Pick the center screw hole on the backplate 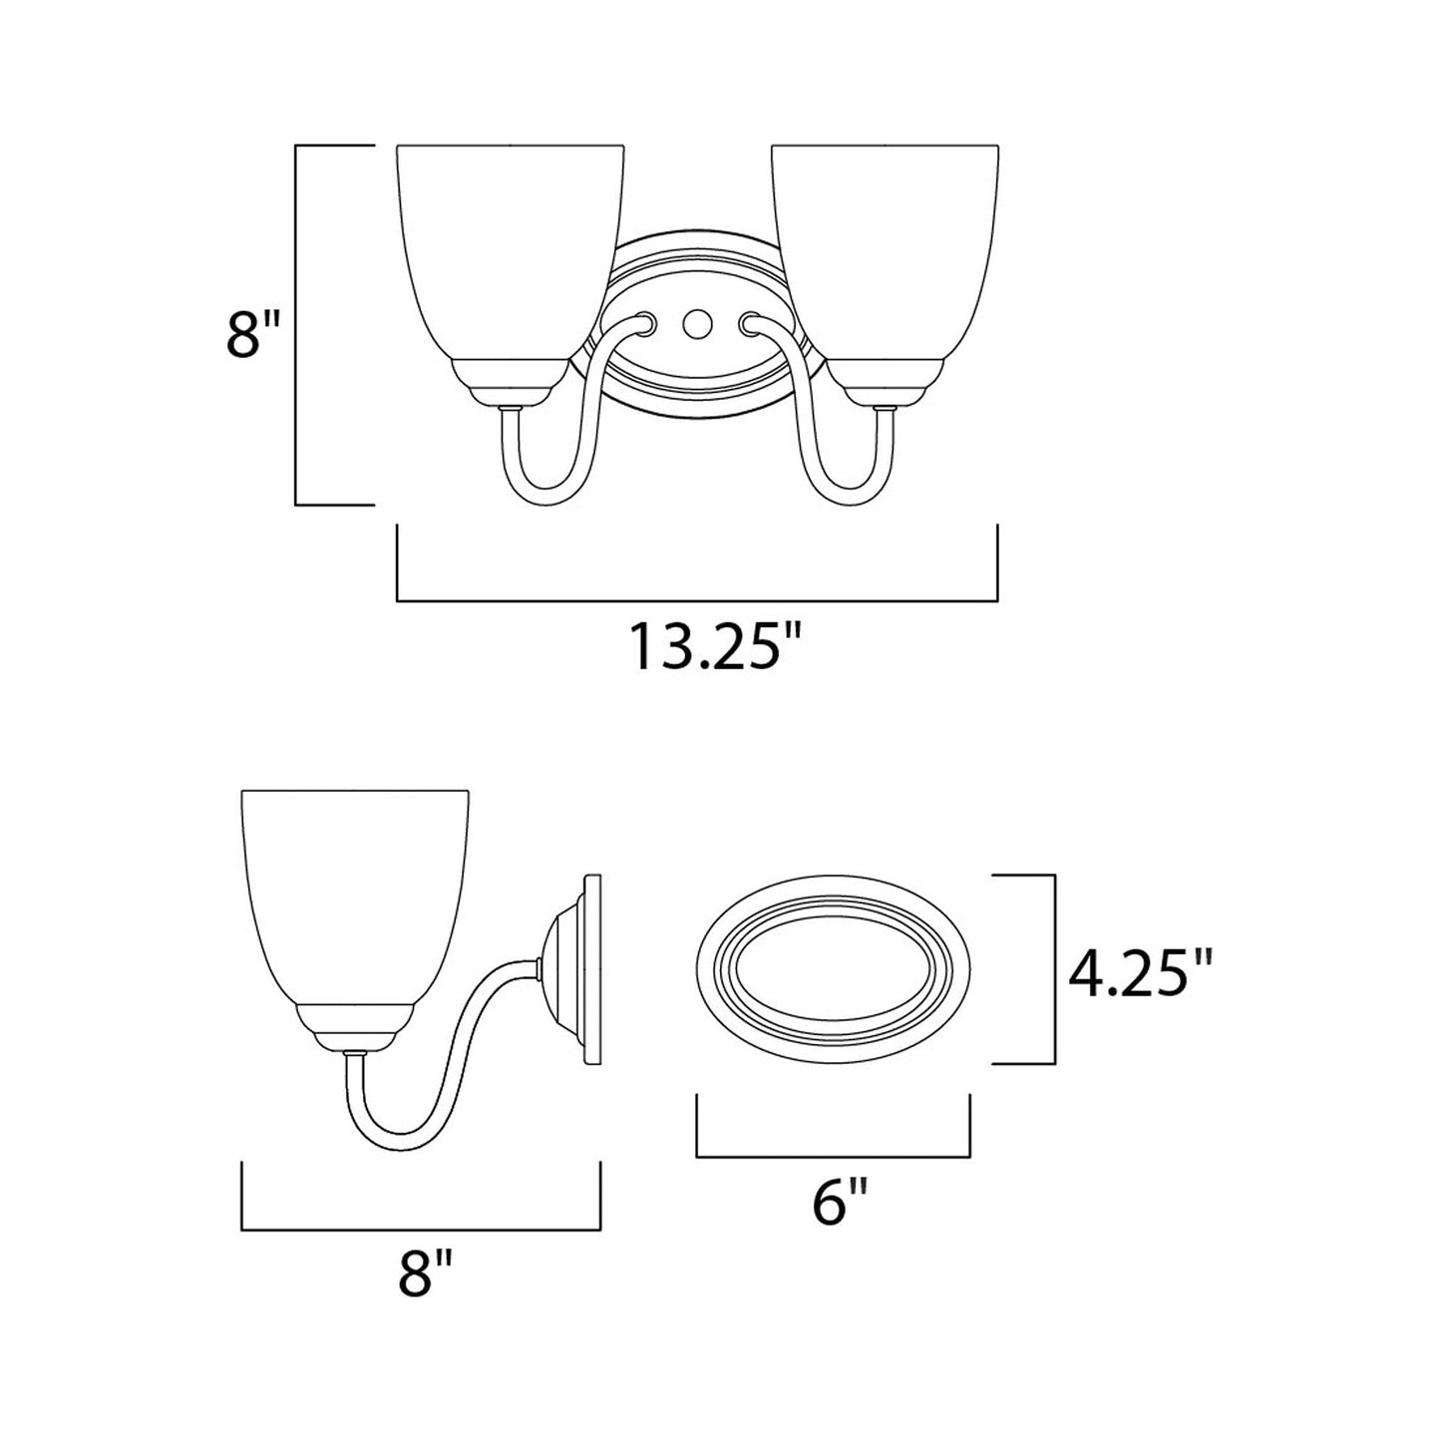pyautogui.click(x=695, y=323)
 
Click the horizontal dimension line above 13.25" pyautogui.click(x=697, y=601)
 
